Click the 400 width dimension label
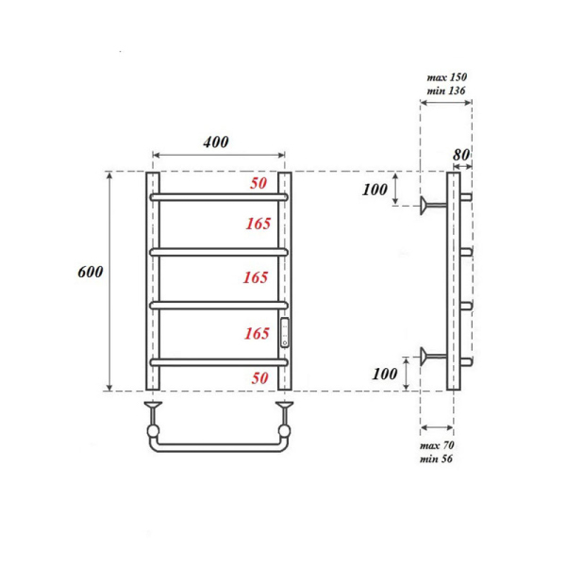point(216,141)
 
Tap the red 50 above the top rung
point(259,184)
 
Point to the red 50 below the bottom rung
point(259,377)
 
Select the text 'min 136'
point(445,91)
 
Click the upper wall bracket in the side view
point(433,204)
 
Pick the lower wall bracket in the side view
point(433,356)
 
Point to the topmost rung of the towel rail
point(219,197)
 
